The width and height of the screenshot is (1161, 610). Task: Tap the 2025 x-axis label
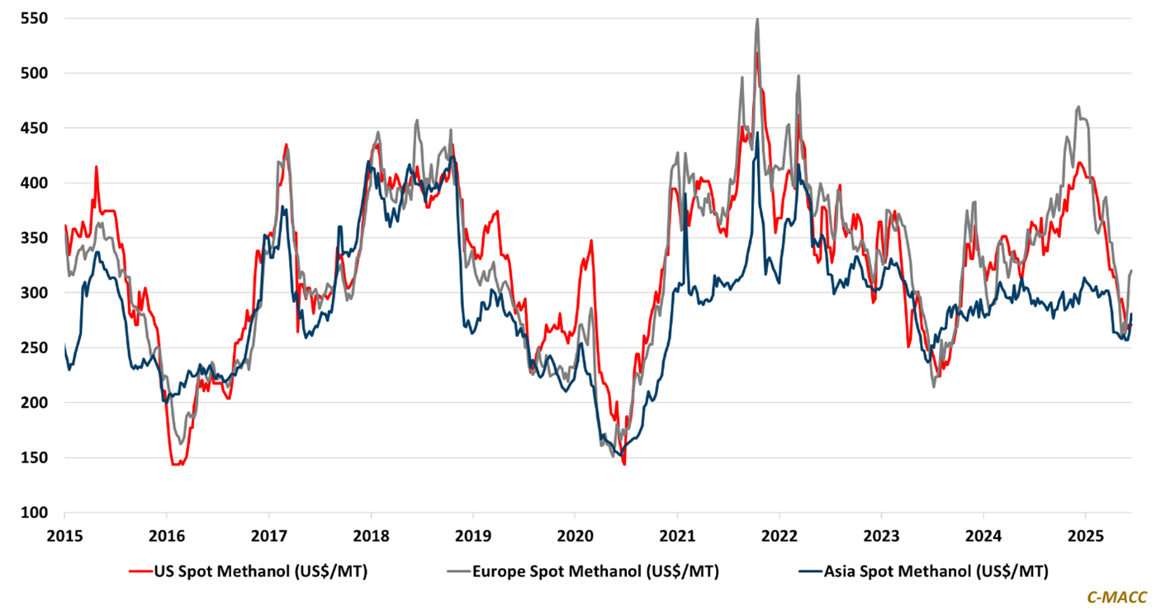(x=1086, y=534)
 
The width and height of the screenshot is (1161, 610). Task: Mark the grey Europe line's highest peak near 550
(x=757, y=19)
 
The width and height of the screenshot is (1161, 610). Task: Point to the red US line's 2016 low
(x=176, y=464)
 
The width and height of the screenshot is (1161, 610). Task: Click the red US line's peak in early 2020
(x=591, y=241)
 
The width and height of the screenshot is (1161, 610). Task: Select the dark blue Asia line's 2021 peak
(x=757, y=134)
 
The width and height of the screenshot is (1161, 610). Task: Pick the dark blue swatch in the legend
(x=813, y=570)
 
